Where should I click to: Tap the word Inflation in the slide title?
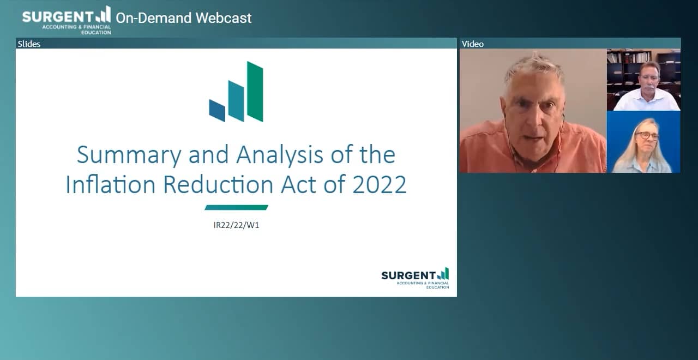pyautogui.click(x=111, y=185)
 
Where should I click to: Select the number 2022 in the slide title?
pyautogui.click(x=380, y=185)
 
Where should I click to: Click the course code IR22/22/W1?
pyautogui.click(x=236, y=225)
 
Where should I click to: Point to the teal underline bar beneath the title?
pyautogui.click(x=236, y=207)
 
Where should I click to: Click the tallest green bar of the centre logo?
pyautogui.click(x=255, y=91)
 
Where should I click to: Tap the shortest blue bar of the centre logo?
pyautogui.click(x=217, y=110)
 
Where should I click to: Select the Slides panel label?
pyautogui.click(x=29, y=44)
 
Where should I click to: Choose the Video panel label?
pyautogui.click(x=472, y=44)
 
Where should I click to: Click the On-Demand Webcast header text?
pyautogui.click(x=183, y=18)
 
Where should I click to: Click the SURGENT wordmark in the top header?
pyautogui.click(x=58, y=16)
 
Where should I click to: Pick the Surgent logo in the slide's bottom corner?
pyautogui.click(x=415, y=278)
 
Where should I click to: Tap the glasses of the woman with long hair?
pyautogui.click(x=647, y=135)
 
